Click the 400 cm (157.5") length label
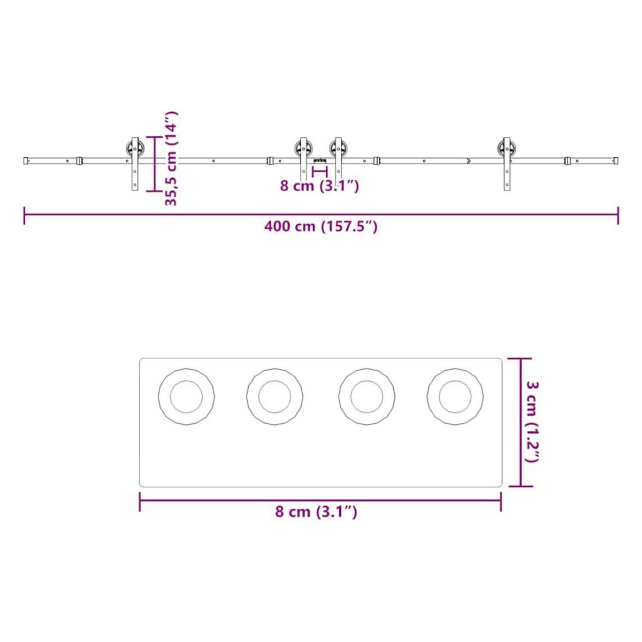point(320,226)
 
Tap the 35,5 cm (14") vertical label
point(171,159)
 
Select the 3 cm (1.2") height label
point(532,422)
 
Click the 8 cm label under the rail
point(319,186)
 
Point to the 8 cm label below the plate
point(316,512)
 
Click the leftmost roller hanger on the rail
point(134,160)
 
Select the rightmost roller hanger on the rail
point(506,160)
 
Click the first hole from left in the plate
point(186,397)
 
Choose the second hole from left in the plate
point(275,397)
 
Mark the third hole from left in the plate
point(367,397)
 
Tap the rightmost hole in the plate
point(455,397)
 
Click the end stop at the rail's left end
point(26,160)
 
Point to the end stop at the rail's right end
point(616,160)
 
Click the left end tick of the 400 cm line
point(25,215)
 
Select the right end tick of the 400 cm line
point(618,215)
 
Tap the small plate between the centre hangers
point(320,160)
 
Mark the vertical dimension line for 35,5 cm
point(155,163)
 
